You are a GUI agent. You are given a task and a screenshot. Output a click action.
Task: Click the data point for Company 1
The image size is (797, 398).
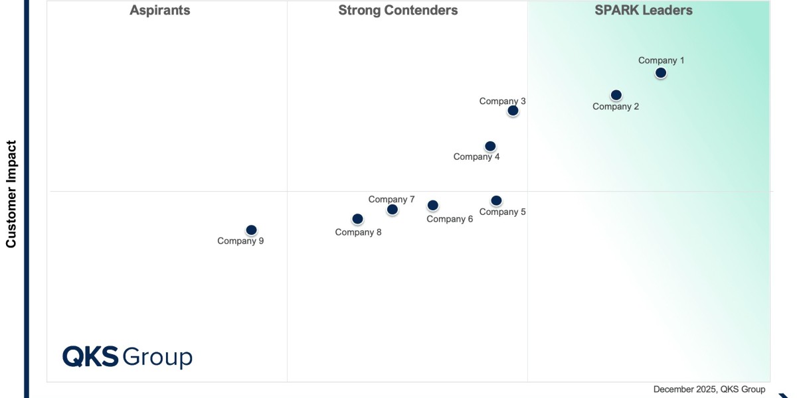(660, 73)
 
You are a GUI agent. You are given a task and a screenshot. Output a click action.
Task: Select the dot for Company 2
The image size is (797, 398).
(616, 95)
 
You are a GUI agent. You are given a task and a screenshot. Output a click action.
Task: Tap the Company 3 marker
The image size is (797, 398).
(513, 111)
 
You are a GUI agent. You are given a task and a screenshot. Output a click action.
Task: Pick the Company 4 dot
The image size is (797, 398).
(490, 146)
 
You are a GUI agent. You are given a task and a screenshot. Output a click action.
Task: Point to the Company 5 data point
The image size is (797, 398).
(496, 200)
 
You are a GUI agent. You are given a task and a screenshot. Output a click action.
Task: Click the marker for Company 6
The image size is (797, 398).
(432, 206)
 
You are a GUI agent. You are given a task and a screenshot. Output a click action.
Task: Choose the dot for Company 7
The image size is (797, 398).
(393, 210)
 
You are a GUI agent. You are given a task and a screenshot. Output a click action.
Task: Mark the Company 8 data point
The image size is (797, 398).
(357, 219)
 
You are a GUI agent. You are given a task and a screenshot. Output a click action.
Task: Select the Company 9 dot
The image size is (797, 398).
(251, 230)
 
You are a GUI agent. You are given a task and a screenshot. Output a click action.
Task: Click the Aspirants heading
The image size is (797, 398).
(159, 11)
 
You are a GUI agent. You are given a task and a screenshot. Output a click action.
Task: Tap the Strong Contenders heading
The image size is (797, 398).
(398, 11)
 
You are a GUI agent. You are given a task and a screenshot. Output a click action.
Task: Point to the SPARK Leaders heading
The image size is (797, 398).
(644, 11)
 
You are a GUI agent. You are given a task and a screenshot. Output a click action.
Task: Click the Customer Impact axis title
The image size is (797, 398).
(11, 194)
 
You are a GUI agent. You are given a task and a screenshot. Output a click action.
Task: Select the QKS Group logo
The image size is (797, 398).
(128, 357)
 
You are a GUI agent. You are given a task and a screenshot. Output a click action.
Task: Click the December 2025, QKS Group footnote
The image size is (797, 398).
(709, 389)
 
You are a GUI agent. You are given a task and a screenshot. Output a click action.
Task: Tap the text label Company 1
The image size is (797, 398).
(662, 60)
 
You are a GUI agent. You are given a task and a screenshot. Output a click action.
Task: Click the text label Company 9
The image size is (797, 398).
(240, 241)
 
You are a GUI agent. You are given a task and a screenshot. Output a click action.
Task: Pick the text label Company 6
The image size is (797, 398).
(450, 219)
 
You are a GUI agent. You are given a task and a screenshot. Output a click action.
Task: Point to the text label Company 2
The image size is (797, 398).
(616, 106)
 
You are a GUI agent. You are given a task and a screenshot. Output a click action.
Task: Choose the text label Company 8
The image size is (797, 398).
(358, 232)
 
